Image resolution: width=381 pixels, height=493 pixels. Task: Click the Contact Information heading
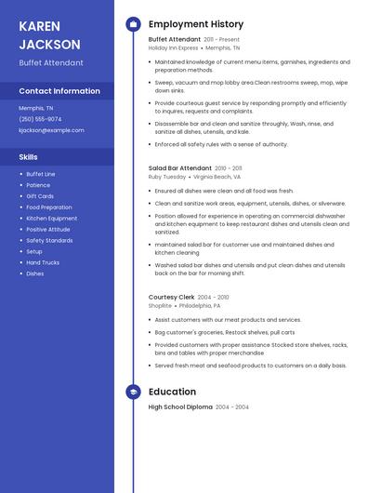coord(59,91)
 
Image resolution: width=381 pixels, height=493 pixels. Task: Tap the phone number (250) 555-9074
coord(40,119)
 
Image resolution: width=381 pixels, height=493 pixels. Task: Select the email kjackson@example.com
coord(51,130)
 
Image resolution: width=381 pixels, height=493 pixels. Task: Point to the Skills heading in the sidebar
coord(28,157)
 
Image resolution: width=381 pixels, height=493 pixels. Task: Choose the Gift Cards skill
coord(40,196)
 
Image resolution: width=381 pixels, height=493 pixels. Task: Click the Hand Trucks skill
coord(43,262)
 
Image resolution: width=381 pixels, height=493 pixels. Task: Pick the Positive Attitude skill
coord(47,229)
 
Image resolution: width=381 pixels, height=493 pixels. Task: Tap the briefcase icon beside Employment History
coord(133,24)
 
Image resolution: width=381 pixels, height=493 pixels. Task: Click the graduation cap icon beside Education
coord(133,393)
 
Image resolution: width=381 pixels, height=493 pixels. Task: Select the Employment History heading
coord(196,24)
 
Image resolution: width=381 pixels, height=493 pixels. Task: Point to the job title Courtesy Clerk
coord(171,298)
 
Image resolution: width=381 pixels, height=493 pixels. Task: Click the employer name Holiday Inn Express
coord(173,47)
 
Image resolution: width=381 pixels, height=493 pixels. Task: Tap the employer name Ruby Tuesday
coord(167,176)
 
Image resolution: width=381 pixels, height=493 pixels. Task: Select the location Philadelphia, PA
coord(200,305)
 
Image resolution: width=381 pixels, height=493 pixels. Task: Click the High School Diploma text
coord(180,407)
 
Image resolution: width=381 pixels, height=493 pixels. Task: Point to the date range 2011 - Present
coord(222,40)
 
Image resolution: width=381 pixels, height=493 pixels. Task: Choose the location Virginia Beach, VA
coord(217,176)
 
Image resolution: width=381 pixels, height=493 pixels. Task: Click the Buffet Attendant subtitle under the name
coord(51,63)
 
